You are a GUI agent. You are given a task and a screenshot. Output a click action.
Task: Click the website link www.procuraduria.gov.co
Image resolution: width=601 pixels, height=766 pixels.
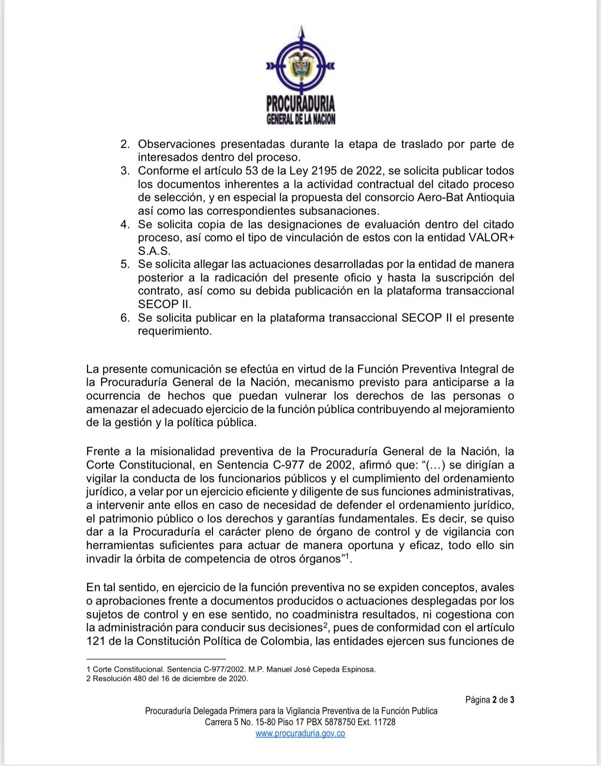(x=300, y=733)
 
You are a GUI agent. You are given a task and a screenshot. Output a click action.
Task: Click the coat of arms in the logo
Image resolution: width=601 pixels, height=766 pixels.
(x=300, y=67)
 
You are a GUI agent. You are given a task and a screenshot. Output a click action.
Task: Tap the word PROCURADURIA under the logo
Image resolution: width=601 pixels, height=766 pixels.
(x=300, y=104)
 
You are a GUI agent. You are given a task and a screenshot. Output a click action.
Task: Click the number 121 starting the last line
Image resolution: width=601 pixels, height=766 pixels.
(x=96, y=641)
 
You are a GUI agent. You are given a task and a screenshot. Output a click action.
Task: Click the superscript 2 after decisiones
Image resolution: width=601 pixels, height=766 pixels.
(x=327, y=625)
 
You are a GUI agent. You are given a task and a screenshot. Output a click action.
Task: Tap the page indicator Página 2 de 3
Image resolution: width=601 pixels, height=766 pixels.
(x=490, y=700)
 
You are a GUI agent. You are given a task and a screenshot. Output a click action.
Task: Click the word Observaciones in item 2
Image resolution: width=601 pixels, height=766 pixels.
(x=176, y=144)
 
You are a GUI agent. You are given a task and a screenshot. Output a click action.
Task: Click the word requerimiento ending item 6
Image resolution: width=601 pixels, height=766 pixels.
(x=175, y=331)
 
